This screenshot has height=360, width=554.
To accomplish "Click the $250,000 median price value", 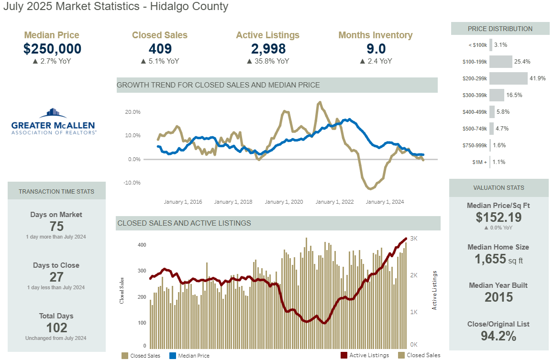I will (x=52, y=49).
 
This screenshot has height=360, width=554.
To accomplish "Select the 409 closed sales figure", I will (x=160, y=49).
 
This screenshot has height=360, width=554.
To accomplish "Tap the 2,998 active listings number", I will (x=268, y=49).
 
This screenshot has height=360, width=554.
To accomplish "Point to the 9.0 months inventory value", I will (x=376, y=49).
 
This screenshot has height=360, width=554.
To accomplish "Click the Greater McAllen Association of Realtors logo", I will (x=54, y=121).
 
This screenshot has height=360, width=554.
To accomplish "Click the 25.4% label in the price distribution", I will (x=522, y=62).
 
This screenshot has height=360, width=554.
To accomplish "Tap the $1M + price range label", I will (x=478, y=162).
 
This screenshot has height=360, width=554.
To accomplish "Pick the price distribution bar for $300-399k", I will (x=497, y=95).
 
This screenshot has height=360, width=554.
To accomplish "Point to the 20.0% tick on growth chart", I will (x=133, y=112).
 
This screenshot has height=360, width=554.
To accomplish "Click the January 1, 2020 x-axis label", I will (x=284, y=202).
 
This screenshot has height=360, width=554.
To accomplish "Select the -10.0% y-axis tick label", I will (x=132, y=183).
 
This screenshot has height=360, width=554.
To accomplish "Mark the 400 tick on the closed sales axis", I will (x=142, y=245).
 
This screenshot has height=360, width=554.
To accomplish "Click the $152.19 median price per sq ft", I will (x=499, y=218).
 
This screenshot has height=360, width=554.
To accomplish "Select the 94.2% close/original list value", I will (x=499, y=336).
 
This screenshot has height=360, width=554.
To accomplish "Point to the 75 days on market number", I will (x=56, y=227).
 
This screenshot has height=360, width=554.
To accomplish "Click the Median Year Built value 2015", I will (x=499, y=297).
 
